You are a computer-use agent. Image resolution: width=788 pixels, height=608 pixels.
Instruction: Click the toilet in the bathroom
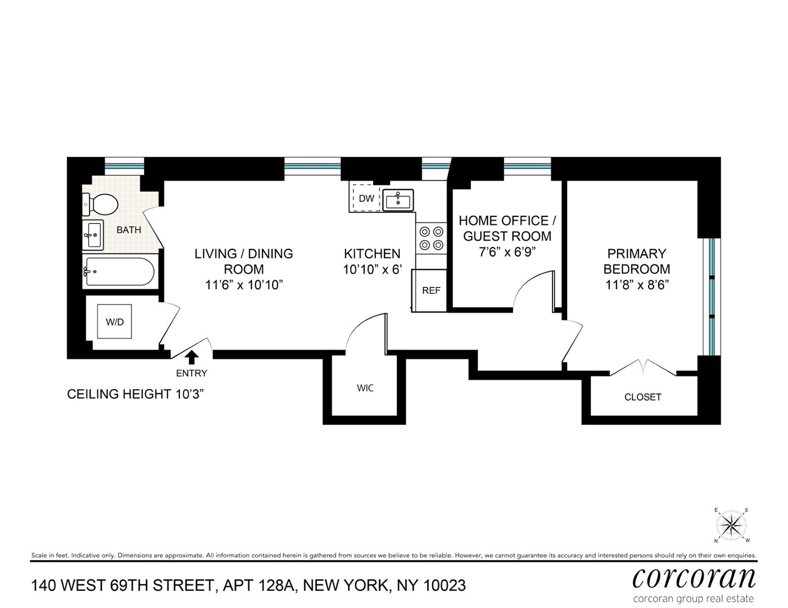pyautogui.click(x=101, y=204)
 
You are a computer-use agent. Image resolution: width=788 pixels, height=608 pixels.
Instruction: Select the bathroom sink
pyautogui.click(x=93, y=234)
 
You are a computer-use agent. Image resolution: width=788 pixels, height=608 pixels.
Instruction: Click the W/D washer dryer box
pyautogui.click(x=114, y=322)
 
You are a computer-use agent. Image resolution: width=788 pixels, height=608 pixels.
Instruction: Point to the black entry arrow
pyautogui.click(x=192, y=356)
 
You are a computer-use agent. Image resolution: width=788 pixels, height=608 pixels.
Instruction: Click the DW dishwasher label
pyautogui.click(x=366, y=198)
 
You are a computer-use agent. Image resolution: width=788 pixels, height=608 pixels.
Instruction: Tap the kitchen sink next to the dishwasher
pyautogui.click(x=398, y=199)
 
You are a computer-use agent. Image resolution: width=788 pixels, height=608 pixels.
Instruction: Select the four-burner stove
pyautogui.click(x=431, y=238)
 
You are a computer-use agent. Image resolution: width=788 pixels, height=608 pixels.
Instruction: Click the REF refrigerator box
pyautogui.click(x=431, y=291)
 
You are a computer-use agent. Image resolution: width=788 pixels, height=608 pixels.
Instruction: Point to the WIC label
pyautogui.click(x=365, y=388)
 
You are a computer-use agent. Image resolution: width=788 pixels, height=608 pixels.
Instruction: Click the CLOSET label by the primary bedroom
pyautogui.click(x=643, y=397)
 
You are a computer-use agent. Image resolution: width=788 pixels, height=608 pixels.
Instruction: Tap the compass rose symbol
pyautogui.click(x=731, y=525)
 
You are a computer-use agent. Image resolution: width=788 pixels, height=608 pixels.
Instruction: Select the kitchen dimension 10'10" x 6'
pyautogui.click(x=372, y=269)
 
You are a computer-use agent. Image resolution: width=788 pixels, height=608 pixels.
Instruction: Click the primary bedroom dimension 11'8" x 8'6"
pyautogui.click(x=636, y=285)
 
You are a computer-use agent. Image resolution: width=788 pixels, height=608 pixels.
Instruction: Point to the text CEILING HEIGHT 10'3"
pyautogui.click(x=135, y=394)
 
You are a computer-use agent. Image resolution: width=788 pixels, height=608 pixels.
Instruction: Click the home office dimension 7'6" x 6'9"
pyautogui.click(x=507, y=252)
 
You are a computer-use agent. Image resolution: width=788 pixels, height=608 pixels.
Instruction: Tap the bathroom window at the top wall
pyautogui.click(x=124, y=165)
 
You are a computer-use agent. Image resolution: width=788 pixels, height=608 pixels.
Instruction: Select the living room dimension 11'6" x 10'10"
pyautogui.click(x=244, y=285)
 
